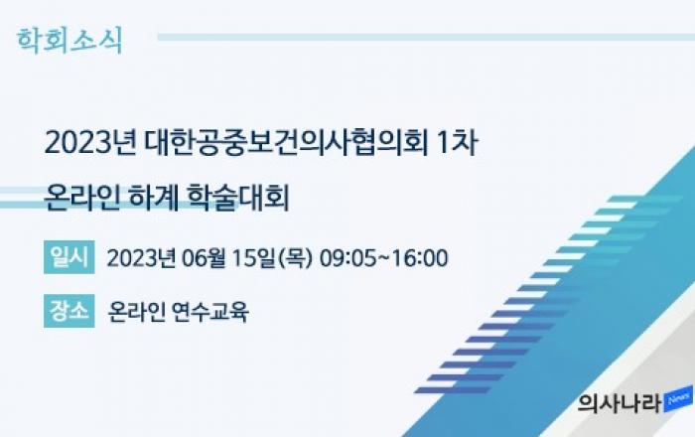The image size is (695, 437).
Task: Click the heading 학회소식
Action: coord(69,41)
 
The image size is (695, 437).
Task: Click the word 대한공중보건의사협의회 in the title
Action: coord(286,143)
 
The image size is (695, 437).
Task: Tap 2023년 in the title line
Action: coord(90,143)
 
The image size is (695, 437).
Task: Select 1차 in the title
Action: coord(457,143)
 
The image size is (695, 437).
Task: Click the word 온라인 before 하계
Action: coord(82,198)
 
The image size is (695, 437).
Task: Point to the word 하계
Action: coord(153,198)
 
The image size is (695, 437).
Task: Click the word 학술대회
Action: coord(238,198)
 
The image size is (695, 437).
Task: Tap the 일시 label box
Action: coord(69,257)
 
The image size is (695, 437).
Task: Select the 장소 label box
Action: coord(69,311)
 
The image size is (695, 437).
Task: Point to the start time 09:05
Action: coord(347,258)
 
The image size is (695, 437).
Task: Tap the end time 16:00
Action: coord(420,258)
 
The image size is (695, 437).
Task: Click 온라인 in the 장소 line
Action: coord(137,312)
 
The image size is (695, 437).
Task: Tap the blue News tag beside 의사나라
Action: coord(678,399)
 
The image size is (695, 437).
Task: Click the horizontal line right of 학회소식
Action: coord(426,37)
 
